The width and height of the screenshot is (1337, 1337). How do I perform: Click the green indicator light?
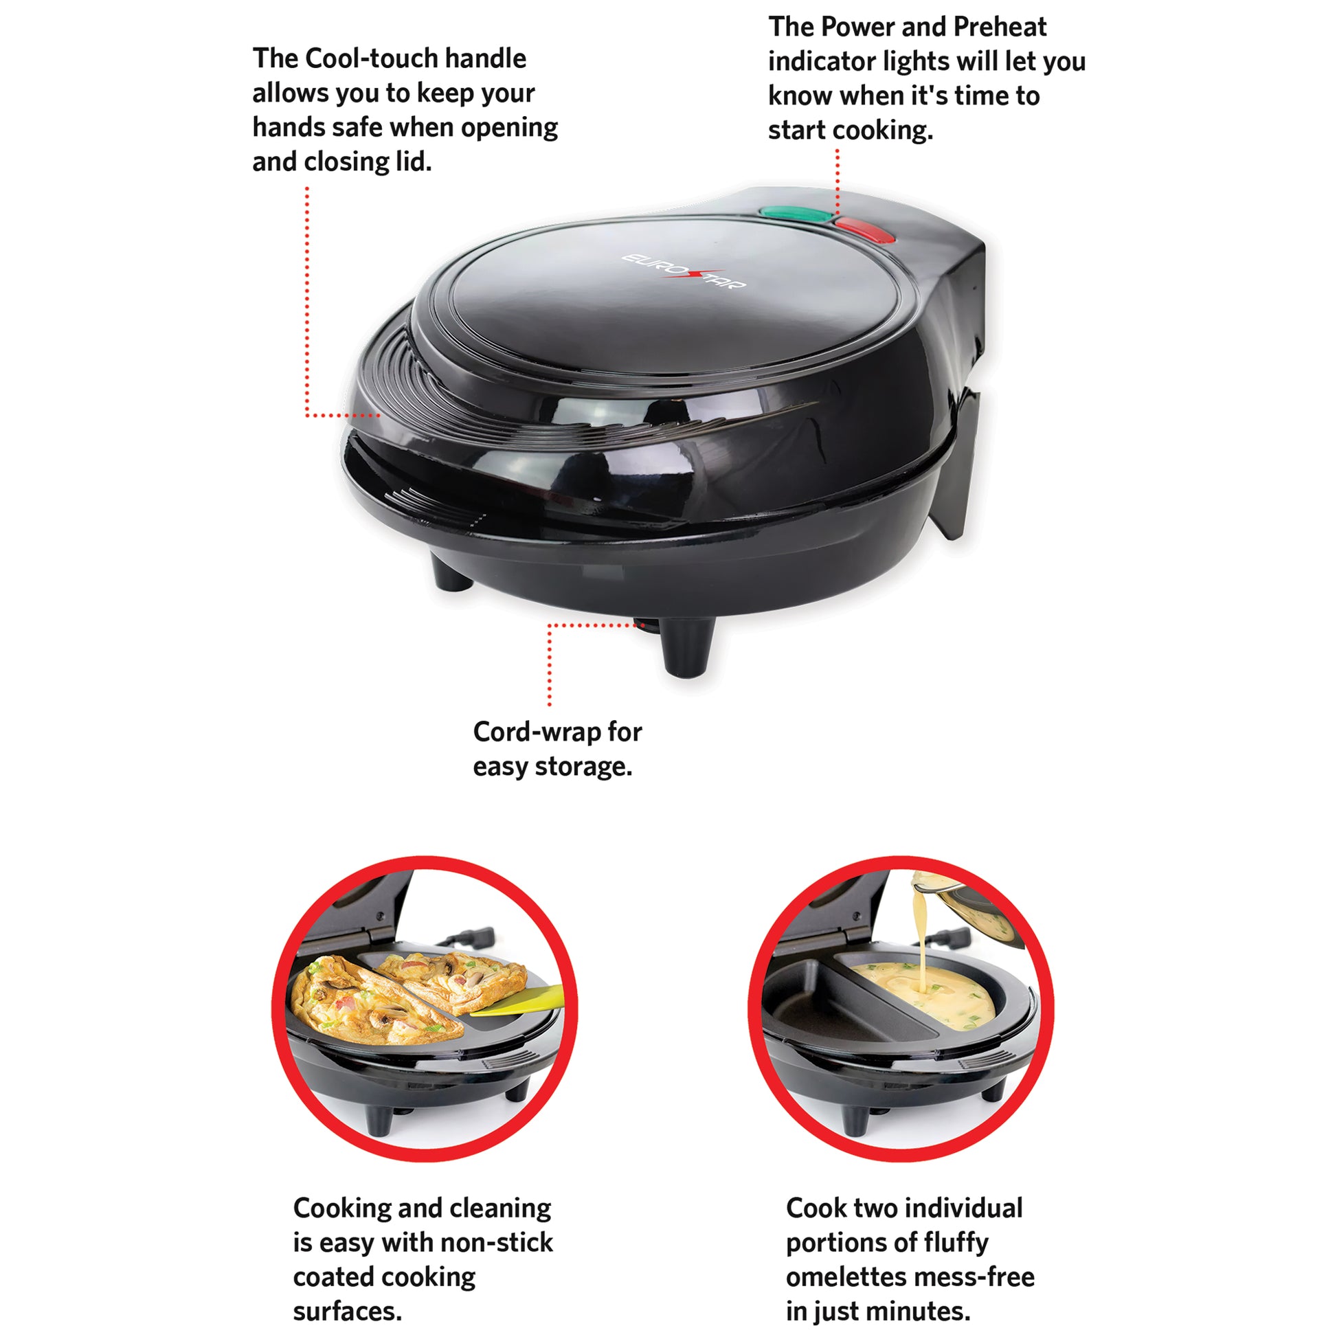(x=796, y=214)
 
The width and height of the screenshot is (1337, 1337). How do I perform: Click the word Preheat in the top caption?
(x=1000, y=27)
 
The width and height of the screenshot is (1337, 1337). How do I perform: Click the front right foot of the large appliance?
(x=686, y=647)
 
